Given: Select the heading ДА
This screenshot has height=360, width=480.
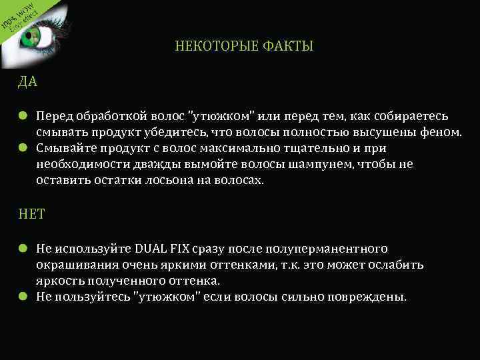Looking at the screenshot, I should click(x=28, y=83).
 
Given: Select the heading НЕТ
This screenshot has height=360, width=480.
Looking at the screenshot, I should click(x=31, y=215).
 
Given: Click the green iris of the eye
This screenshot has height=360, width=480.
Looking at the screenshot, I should click(x=31, y=37).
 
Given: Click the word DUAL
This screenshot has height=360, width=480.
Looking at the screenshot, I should click(x=153, y=249).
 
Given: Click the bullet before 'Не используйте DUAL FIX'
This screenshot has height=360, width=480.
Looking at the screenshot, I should click(x=23, y=249).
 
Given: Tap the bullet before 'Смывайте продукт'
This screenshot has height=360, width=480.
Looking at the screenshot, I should click(x=23, y=148).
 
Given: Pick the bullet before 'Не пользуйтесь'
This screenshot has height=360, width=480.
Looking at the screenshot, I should click(x=23, y=297).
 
